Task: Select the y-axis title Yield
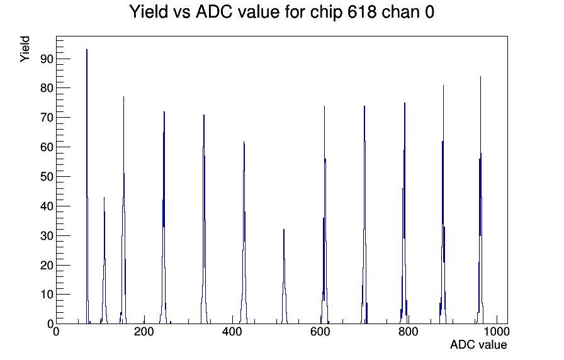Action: pos(25,49)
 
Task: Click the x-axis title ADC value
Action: pos(478,344)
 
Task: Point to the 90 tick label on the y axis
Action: pos(47,59)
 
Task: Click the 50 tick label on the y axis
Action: pos(47,177)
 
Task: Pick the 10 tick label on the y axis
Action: pos(47,295)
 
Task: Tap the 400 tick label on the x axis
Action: pos(232,332)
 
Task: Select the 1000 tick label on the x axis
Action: pos(497,332)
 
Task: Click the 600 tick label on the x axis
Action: pos(320,332)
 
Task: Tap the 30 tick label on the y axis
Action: pos(47,235)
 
